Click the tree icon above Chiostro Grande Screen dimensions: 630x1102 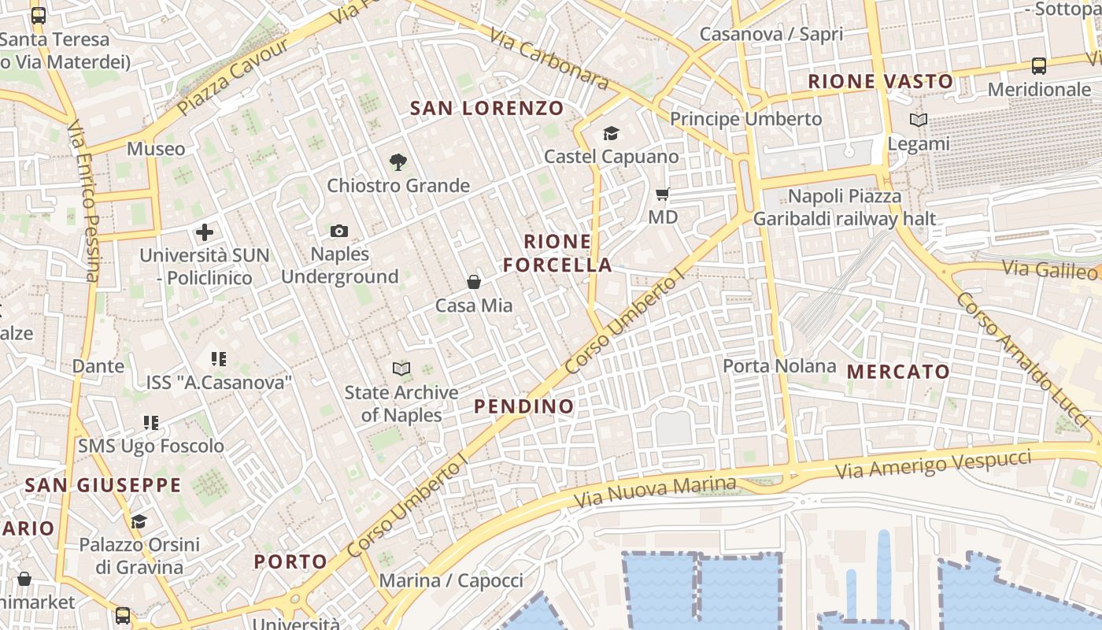(x=398, y=162)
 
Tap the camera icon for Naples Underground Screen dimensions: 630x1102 (x=339, y=231)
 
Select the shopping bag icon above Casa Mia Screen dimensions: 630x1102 (x=474, y=282)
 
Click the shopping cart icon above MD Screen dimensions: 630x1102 (x=663, y=194)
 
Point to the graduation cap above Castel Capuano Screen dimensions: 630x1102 (x=611, y=133)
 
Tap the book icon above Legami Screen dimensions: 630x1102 (x=918, y=120)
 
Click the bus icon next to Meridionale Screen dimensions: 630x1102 (x=1039, y=66)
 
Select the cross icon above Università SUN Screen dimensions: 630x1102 (x=205, y=232)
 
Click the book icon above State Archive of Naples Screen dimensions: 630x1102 (x=401, y=369)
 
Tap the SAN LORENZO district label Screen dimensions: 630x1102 (x=487, y=108)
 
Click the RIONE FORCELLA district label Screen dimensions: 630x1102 (x=557, y=253)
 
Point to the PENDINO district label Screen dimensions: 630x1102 (x=524, y=406)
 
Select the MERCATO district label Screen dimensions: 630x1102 (x=898, y=372)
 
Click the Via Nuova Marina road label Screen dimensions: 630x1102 (x=656, y=492)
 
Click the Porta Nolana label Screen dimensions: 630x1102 (x=779, y=366)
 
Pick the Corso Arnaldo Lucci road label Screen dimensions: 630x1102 (x=1026, y=358)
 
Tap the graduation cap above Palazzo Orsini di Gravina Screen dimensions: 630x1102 (x=139, y=521)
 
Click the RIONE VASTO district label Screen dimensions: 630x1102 (x=880, y=81)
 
